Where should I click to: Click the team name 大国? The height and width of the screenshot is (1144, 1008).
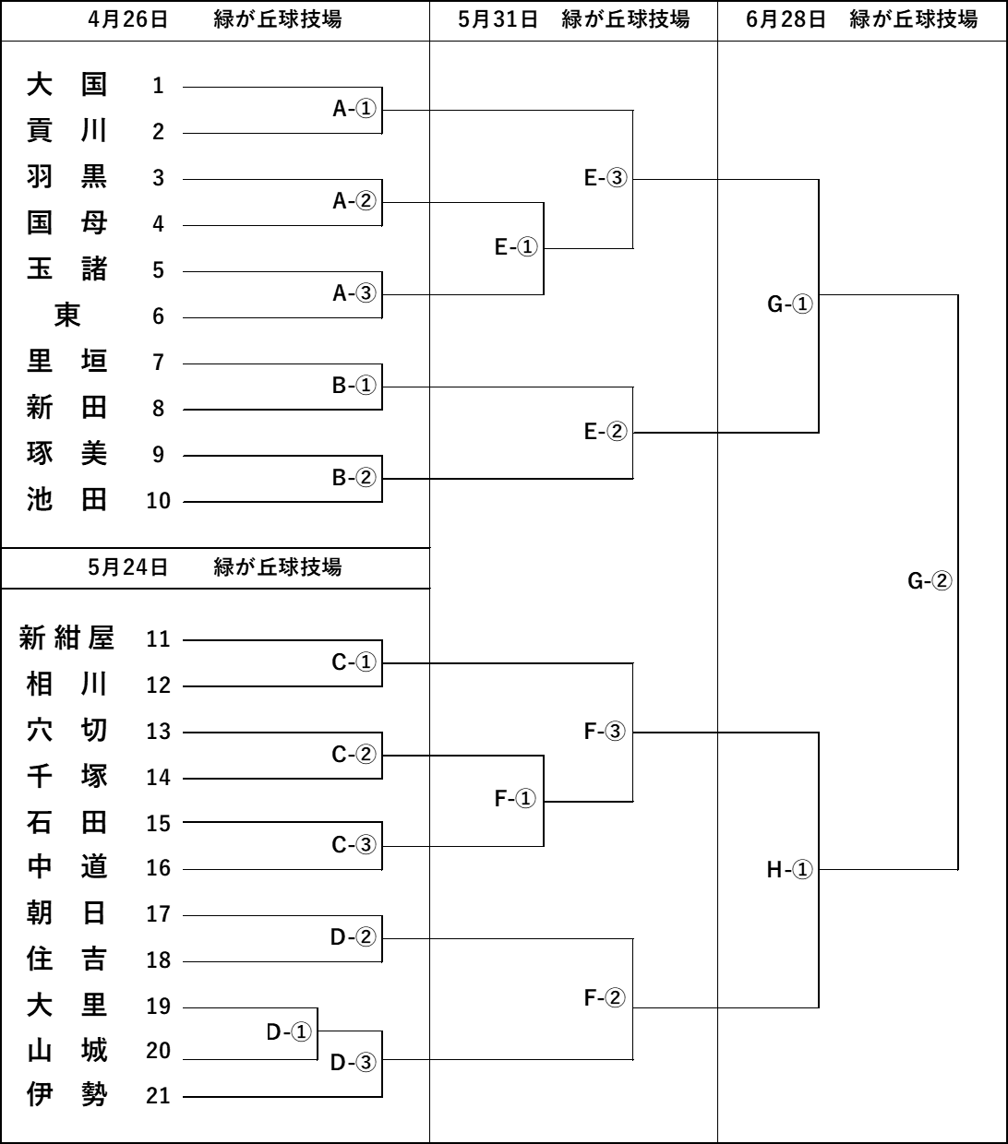66,86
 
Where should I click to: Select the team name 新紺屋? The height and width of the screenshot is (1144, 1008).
66,638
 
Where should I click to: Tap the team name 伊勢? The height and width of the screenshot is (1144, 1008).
66,1095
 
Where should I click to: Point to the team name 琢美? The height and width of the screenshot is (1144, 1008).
66,453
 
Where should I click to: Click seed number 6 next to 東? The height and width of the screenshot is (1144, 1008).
158,316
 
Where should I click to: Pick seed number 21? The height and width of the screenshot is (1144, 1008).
158,1096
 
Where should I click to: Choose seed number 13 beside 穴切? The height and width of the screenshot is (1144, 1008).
158,732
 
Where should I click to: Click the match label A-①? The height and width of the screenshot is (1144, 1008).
354,109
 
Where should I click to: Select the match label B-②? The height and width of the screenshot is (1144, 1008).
354,478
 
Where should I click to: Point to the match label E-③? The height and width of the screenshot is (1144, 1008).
606,178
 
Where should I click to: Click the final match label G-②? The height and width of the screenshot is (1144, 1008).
930,581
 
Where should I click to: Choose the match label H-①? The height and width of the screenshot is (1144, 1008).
789,869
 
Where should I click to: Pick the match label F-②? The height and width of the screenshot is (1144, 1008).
606,997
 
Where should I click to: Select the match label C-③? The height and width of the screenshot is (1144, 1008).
354,845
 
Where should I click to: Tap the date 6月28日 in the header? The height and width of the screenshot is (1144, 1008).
786,19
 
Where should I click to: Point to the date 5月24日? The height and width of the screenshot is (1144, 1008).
128,567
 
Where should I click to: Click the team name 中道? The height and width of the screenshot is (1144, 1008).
66,867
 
